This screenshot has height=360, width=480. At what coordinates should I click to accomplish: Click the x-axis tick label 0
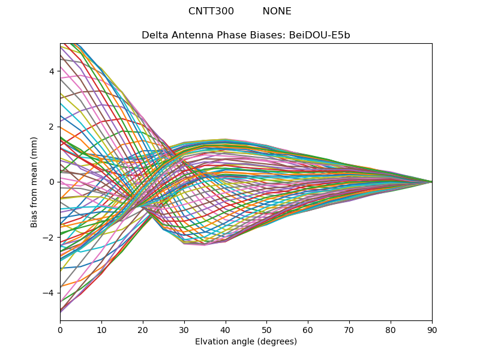click(x=60, y=329)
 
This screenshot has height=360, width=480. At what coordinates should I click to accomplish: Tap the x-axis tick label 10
click(x=101, y=329)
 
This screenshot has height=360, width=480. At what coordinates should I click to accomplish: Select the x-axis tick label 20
click(x=143, y=329)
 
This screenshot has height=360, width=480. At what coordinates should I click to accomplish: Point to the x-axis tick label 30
click(x=184, y=329)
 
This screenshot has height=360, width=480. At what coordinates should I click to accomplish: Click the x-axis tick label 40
click(x=226, y=329)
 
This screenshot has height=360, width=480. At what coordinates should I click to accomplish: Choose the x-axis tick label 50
click(x=266, y=329)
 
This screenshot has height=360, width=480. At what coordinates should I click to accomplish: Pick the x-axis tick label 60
click(x=308, y=329)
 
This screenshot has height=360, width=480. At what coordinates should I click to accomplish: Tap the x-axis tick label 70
click(x=349, y=329)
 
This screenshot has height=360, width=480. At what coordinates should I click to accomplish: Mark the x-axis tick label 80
click(x=391, y=329)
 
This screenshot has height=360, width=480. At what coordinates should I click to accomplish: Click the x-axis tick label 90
click(x=432, y=329)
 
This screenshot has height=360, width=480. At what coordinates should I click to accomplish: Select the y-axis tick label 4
click(x=52, y=71)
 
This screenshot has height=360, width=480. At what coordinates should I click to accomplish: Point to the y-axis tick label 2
click(x=52, y=127)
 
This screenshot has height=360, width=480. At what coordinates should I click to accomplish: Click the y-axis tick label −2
click(x=49, y=238)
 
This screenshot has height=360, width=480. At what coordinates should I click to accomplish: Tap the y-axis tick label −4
click(x=49, y=293)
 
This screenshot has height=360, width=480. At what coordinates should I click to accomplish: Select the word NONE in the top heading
click(x=277, y=11)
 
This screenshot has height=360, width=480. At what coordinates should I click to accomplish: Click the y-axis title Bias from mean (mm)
click(x=35, y=182)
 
